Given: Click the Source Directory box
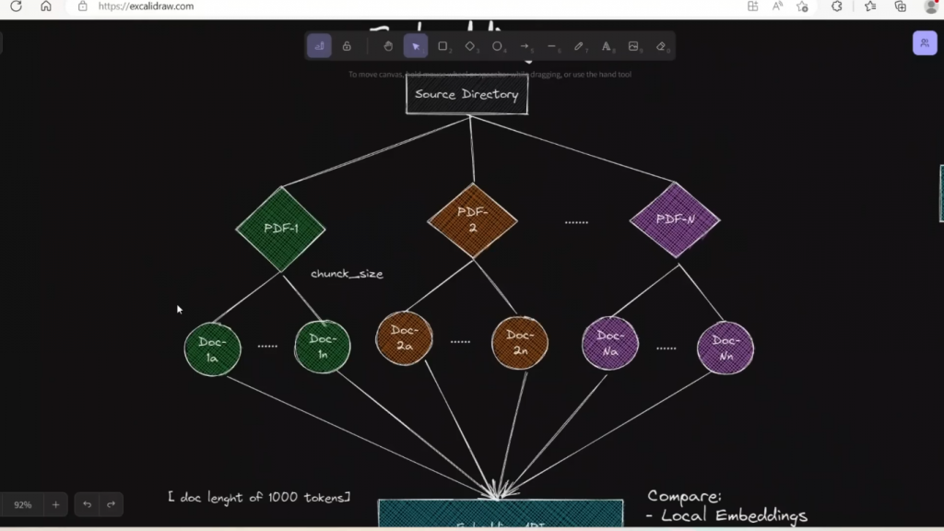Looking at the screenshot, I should [x=466, y=94].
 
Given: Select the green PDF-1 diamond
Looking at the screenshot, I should [x=281, y=228].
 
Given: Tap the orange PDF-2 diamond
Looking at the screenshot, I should [x=472, y=220].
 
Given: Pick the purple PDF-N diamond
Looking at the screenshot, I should [x=674, y=220].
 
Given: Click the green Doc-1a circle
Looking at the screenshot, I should [x=212, y=349].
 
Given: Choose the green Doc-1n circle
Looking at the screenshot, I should [x=323, y=347].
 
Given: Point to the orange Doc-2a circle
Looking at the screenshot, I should [x=404, y=337].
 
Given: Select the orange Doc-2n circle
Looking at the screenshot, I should [x=520, y=342].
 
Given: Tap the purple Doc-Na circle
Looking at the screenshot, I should [x=610, y=343].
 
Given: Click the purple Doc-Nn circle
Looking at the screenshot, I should [x=726, y=348].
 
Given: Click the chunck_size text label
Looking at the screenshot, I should [x=347, y=274].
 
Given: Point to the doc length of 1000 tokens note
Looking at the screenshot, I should [x=259, y=497].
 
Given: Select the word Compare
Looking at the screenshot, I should [x=684, y=497].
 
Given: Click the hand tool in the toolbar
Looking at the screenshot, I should [x=388, y=46].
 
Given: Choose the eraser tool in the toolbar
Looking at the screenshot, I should [x=661, y=46].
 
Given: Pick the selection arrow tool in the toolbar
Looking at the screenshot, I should [x=416, y=46].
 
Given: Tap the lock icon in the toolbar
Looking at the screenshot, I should [x=347, y=46].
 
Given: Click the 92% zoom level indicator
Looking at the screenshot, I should [x=23, y=504].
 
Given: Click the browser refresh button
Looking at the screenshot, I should [x=16, y=6].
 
